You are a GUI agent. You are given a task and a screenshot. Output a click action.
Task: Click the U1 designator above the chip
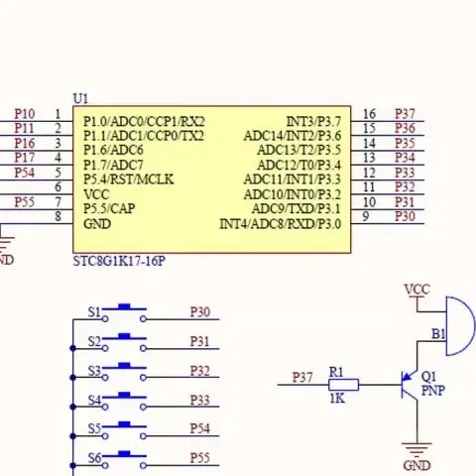(80, 98)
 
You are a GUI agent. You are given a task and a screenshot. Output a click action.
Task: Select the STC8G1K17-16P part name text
(119, 261)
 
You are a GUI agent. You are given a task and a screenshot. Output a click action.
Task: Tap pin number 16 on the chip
(370, 114)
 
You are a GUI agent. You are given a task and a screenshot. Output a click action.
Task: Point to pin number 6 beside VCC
(58, 187)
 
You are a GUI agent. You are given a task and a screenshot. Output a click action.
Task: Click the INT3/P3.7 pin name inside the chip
(313, 122)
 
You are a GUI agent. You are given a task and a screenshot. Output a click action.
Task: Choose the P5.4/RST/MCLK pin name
(128, 179)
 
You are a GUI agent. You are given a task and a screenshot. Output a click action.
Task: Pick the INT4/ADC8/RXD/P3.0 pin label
(281, 224)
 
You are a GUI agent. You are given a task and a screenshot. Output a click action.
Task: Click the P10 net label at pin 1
(25, 114)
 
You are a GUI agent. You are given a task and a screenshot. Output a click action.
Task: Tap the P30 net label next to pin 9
(405, 216)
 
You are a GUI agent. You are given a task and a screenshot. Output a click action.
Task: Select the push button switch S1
(124, 313)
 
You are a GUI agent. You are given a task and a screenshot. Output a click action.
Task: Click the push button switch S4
(124, 402)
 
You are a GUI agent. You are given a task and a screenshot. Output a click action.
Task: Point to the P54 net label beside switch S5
(200, 428)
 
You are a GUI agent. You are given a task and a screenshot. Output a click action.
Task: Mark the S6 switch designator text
(94, 458)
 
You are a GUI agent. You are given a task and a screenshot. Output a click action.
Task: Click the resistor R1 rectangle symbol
(344, 385)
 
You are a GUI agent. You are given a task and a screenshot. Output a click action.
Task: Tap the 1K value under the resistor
(337, 399)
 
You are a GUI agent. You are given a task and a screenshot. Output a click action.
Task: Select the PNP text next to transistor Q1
(433, 391)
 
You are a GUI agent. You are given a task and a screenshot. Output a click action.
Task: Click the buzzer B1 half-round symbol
(460, 326)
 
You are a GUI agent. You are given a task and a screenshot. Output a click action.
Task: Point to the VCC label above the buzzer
(417, 290)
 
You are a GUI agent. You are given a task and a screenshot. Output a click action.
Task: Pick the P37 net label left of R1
(302, 378)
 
